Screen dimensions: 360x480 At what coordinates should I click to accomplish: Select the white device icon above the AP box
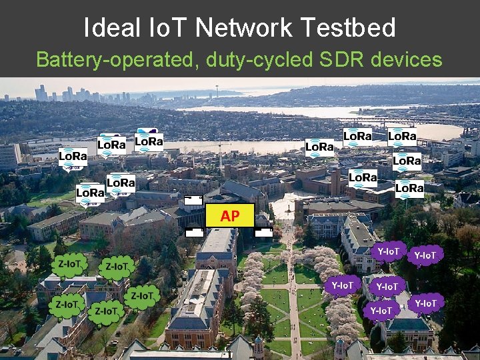193,200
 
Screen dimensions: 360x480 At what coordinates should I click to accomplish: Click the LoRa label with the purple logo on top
149,141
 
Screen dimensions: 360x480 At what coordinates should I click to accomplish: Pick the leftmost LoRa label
73,156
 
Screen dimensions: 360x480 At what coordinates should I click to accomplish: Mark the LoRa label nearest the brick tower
363,177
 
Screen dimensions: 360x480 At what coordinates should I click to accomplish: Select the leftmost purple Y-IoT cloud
341,285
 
